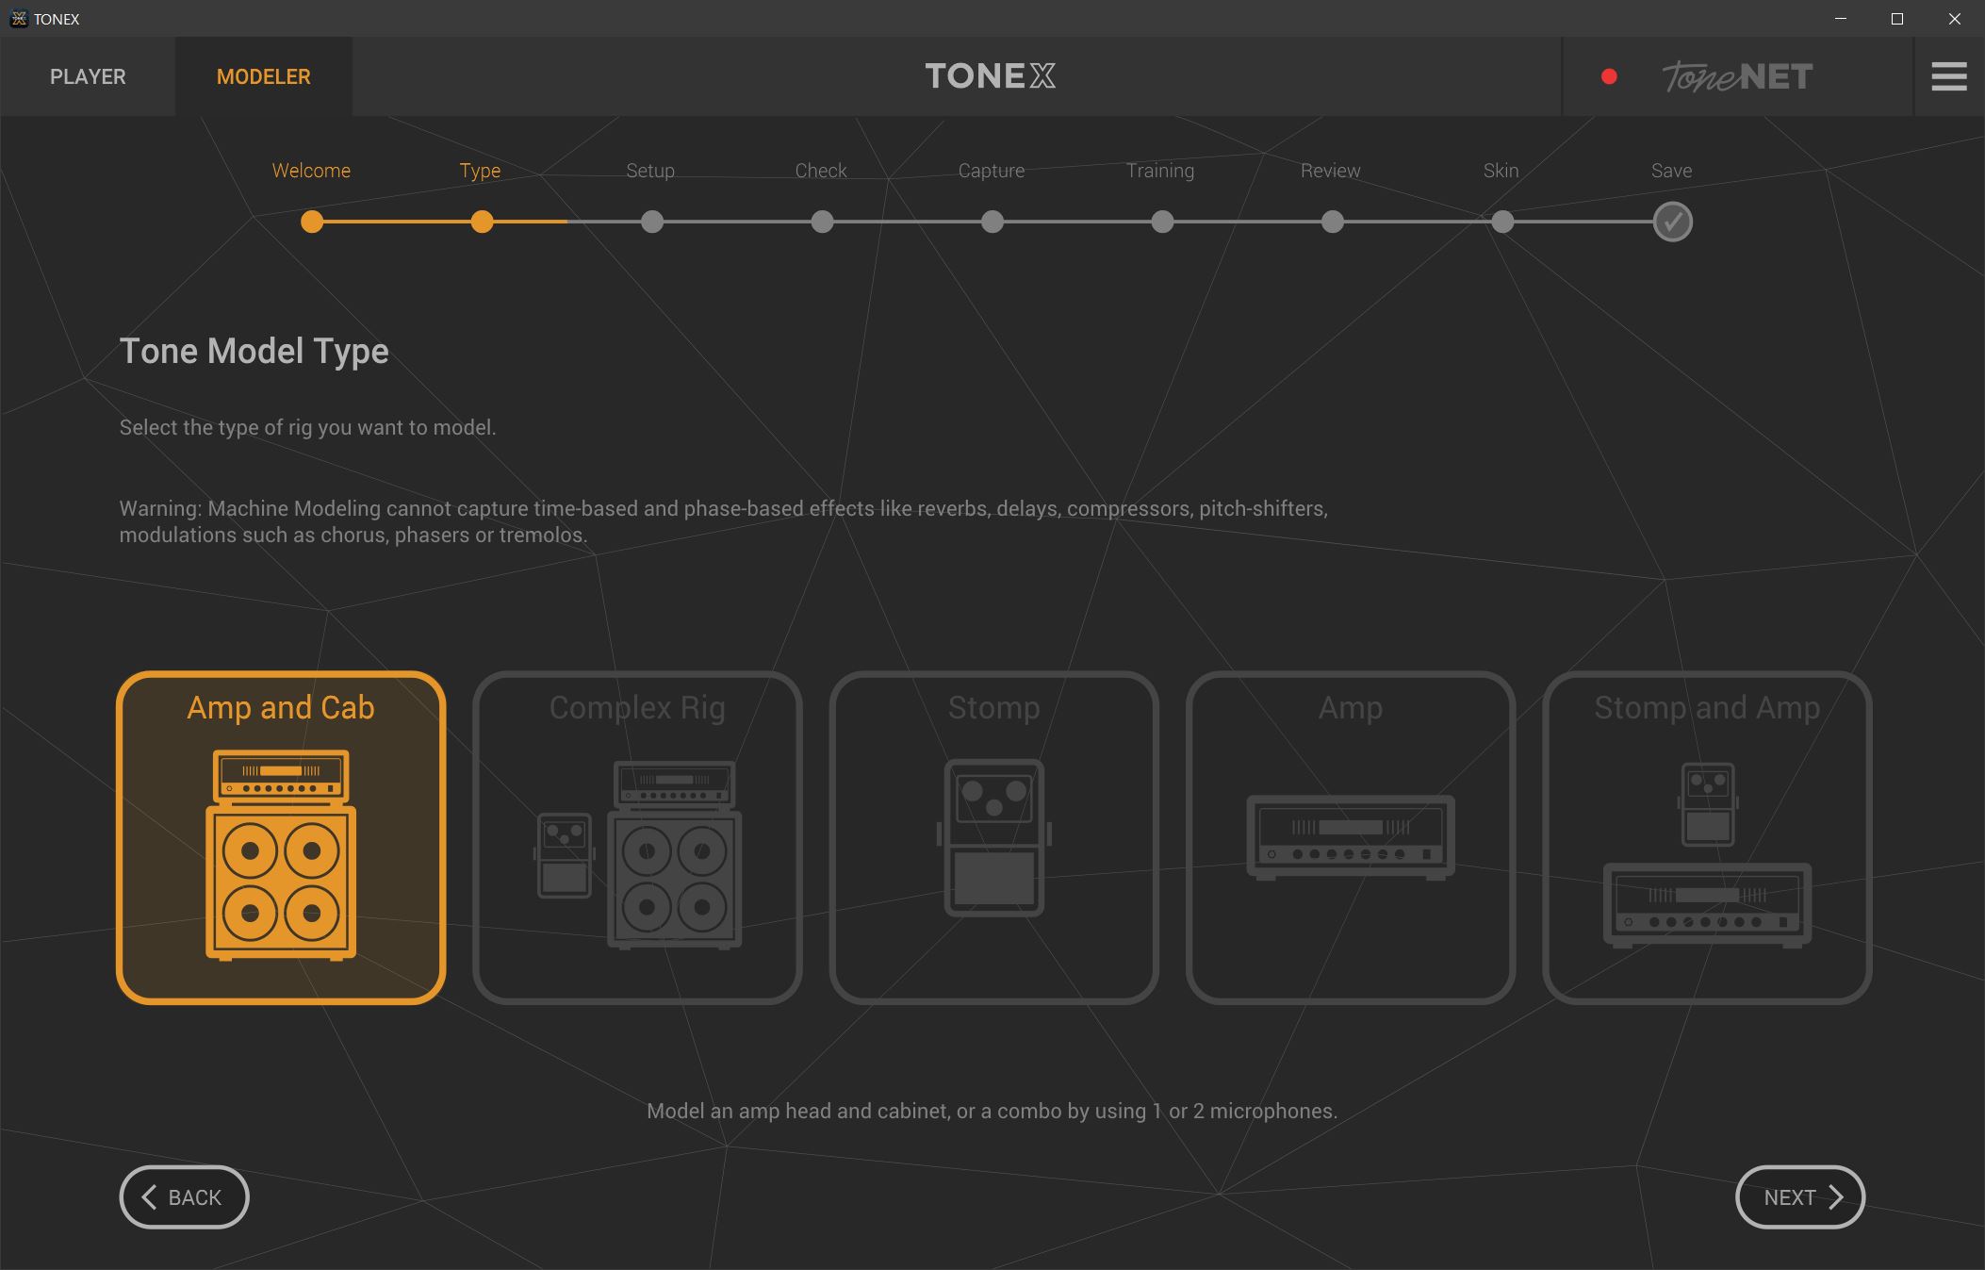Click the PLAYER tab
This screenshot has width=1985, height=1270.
(x=88, y=76)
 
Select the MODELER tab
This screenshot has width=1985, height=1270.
(x=263, y=76)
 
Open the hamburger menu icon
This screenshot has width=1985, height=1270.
(x=1948, y=76)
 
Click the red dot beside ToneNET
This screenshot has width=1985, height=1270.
(x=1609, y=76)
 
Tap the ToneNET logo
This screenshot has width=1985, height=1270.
(x=1737, y=76)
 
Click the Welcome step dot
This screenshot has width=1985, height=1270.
(x=312, y=222)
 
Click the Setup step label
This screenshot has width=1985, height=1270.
(x=650, y=171)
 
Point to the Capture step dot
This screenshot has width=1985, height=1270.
(x=992, y=222)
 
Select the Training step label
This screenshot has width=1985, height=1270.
(x=1160, y=171)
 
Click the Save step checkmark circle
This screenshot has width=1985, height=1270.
(x=1672, y=222)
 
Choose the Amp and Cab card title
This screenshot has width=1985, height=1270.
(x=281, y=707)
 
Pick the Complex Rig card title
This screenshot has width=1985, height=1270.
(x=637, y=708)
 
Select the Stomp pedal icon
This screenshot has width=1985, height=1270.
(x=993, y=837)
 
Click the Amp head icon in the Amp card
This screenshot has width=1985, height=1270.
(x=1351, y=837)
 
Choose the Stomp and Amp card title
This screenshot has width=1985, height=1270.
(x=1707, y=708)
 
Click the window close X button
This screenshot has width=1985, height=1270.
(x=1955, y=19)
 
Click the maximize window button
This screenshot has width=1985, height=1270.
(x=1897, y=19)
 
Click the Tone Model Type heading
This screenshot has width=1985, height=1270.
(x=254, y=352)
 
